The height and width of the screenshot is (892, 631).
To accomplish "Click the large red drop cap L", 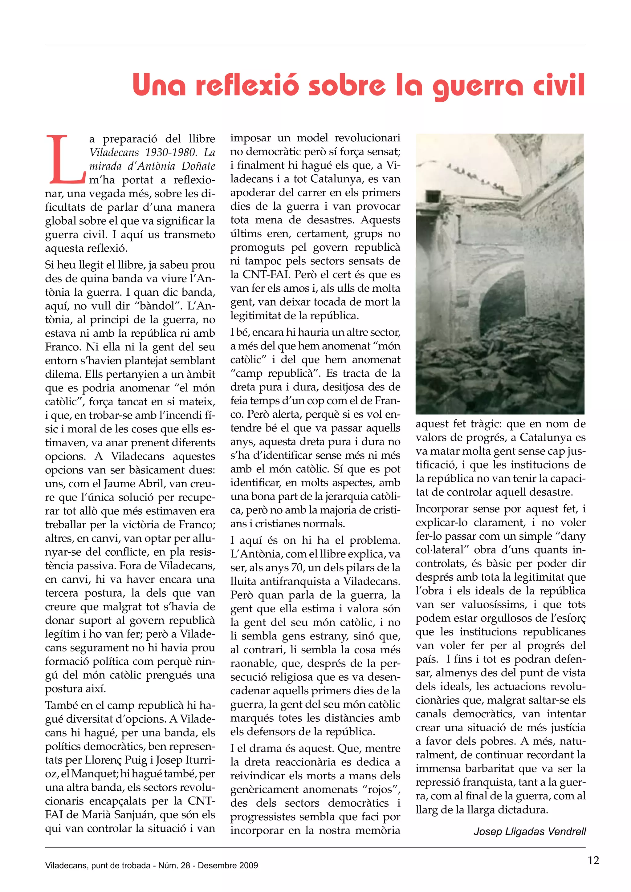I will click(66, 159).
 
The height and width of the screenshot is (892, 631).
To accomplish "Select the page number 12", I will click(593, 860).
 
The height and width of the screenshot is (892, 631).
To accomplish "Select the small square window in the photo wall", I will click(432, 195).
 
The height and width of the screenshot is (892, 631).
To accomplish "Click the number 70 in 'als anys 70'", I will click(297, 568).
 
